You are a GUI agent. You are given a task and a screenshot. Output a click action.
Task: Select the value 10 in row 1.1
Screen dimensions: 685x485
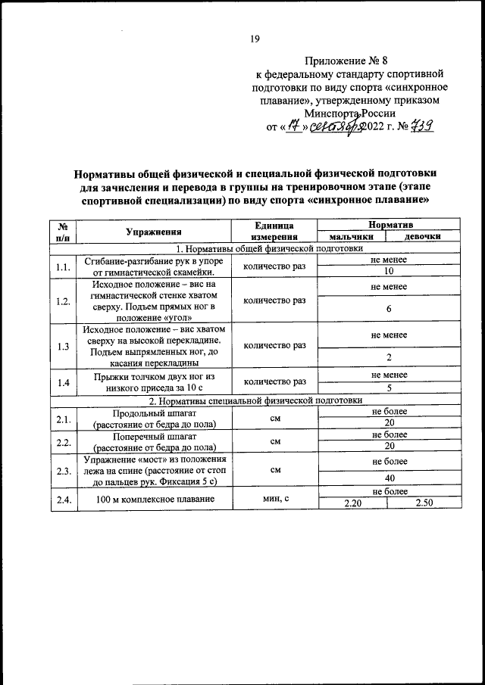click(389, 272)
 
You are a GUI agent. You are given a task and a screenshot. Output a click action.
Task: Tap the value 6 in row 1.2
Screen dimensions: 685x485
click(389, 309)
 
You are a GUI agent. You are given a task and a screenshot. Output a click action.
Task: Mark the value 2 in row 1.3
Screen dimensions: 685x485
click(389, 357)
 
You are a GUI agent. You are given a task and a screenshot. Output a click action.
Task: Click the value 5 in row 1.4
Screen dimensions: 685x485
click(389, 388)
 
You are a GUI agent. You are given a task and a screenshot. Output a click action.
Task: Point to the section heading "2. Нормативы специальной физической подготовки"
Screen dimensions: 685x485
click(255, 400)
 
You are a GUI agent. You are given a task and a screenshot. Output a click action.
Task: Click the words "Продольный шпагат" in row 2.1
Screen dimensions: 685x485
click(155, 413)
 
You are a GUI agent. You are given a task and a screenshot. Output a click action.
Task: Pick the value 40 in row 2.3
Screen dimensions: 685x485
click(389, 478)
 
